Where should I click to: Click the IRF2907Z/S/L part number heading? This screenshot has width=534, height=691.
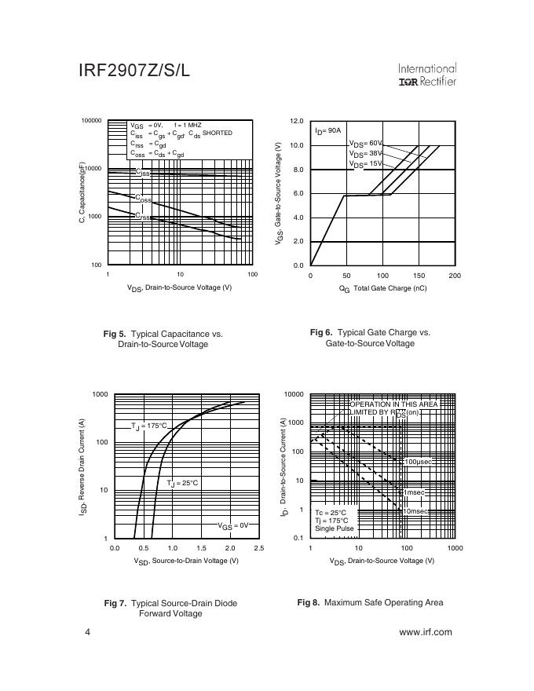(x=134, y=71)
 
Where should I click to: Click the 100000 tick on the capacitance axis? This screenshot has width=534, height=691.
(x=91, y=121)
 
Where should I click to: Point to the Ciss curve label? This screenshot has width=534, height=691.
(x=142, y=173)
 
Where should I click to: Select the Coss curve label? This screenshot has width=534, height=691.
(x=142, y=199)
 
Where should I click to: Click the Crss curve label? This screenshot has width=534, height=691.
(x=142, y=217)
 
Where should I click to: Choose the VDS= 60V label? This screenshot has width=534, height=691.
(x=366, y=144)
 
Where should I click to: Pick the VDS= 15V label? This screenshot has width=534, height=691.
(x=366, y=164)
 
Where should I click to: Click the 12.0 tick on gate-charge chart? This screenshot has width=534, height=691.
(x=296, y=122)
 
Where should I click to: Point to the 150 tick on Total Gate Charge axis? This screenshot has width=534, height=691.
(x=419, y=276)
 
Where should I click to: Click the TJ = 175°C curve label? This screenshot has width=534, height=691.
(x=149, y=426)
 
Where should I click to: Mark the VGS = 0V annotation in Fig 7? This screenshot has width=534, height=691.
(x=232, y=525)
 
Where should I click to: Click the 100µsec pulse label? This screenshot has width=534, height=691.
(x=418, y=462)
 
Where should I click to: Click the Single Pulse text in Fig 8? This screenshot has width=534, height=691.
(x=335, y=528)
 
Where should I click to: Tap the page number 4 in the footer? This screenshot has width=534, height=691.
(x=88, y=632)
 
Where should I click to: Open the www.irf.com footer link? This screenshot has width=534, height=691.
(x=426, y=632)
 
